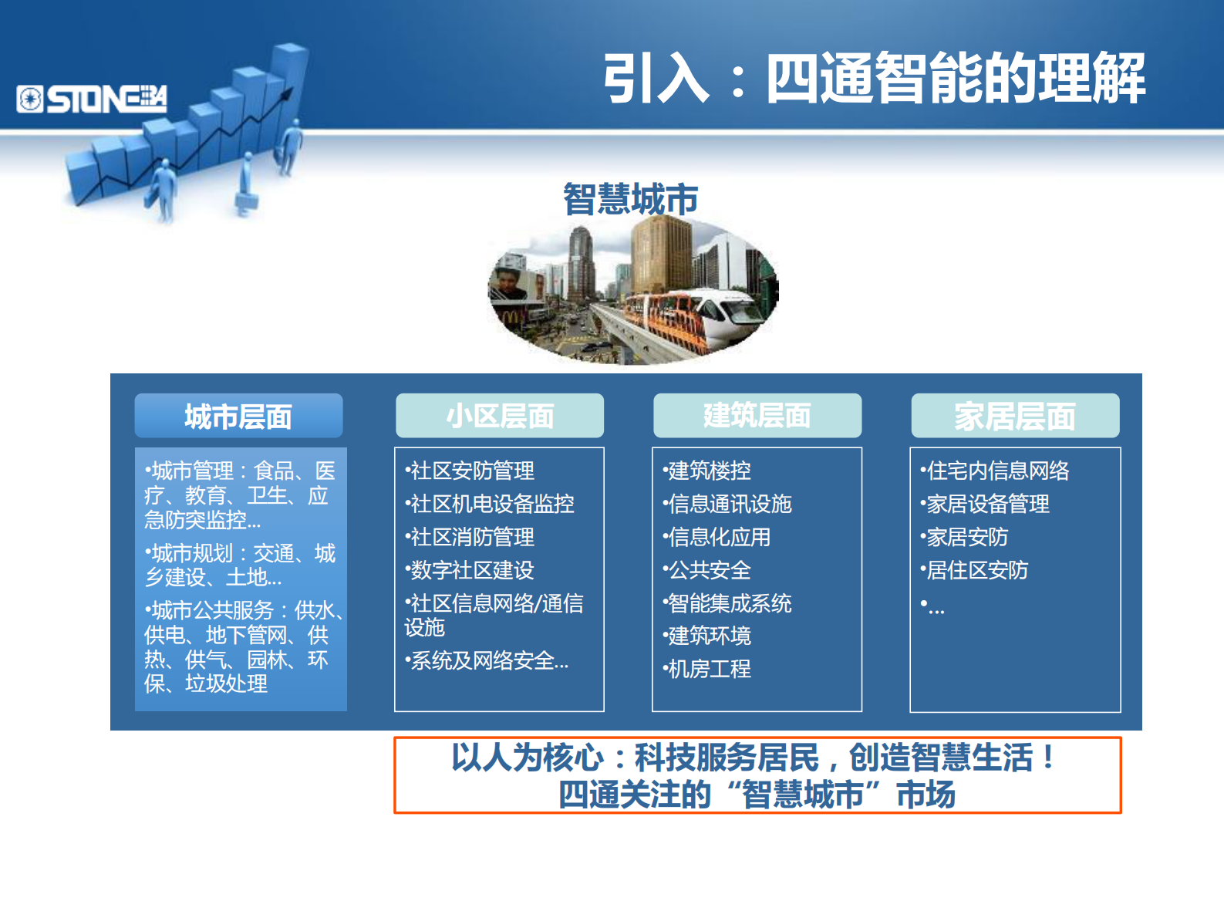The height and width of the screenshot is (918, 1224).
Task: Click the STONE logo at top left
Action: tap(92, 100)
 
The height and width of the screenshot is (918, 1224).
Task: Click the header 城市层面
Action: tap(238, 417)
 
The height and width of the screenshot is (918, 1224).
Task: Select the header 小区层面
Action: tap(500, 417)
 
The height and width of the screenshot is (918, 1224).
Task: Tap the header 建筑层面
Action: tap(757, 416)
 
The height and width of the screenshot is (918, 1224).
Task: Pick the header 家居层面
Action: tap(1014, 417)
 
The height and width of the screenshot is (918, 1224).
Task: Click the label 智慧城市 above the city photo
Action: tap(630, 199)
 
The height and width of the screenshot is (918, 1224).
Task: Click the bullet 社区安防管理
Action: tap(471, 471)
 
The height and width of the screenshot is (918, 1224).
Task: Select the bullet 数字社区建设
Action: tap(471, 570)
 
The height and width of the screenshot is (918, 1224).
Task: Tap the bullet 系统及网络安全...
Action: tap(488, 661)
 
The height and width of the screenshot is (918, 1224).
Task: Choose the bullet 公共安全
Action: tap(709, 570)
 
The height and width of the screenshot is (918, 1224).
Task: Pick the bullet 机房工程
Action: tap(709, 669)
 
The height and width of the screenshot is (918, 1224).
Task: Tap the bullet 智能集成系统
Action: tap(729, 603)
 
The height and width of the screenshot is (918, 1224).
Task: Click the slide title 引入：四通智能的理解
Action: tap(874, 79)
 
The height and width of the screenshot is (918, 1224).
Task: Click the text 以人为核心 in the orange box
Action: tap(527, 758)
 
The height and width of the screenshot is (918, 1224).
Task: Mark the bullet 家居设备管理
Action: tap(986, 504)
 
